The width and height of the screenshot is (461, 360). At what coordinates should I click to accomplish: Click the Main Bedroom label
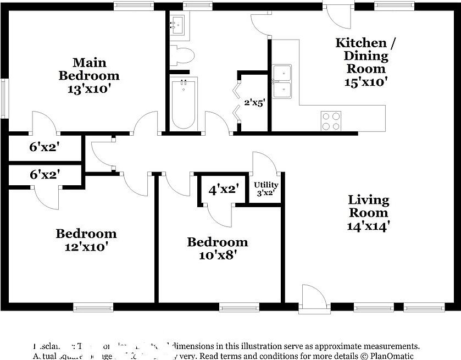pos(88,68)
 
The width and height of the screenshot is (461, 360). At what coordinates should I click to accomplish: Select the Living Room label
pos(369,206)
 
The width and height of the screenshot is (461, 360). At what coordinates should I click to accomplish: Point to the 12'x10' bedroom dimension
pos(86,247)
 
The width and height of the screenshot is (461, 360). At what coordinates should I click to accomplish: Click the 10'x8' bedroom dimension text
pos(217,255)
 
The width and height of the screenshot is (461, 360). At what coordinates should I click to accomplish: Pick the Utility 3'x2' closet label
pos(265,189)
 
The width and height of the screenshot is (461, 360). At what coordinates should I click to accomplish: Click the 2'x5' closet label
pos(255,103)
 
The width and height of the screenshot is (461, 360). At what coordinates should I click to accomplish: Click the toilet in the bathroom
pos(182,55)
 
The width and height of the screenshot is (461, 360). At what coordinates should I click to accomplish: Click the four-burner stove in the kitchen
pos(331,120)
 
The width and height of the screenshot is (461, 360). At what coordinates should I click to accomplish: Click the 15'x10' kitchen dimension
pos(366,82)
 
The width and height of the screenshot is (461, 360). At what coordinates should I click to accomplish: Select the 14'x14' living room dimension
pos(369,226)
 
